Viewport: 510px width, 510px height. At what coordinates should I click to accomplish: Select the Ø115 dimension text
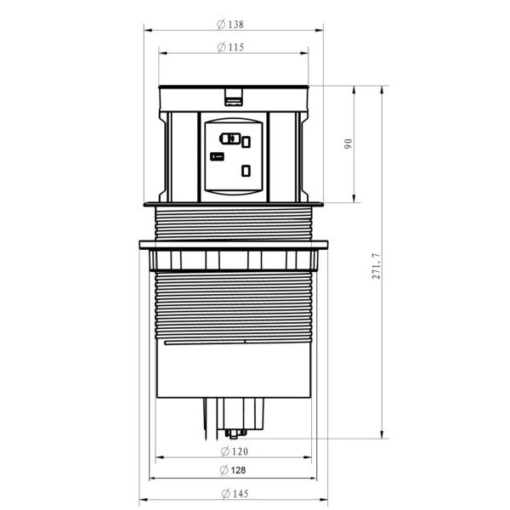(231, 48)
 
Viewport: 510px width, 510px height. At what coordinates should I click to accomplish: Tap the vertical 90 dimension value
(347, 144)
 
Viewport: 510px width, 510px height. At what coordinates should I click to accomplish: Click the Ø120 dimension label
(235, 450)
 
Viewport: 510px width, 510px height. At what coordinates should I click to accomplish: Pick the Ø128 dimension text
(235, 470)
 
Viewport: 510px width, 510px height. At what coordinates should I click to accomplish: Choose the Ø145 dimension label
(235, 494)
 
